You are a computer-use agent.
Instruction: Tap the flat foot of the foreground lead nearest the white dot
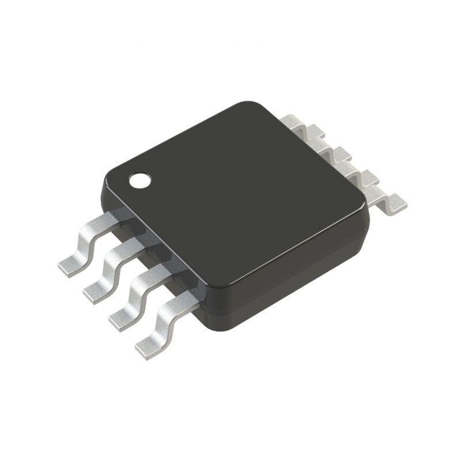point(70,266)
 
